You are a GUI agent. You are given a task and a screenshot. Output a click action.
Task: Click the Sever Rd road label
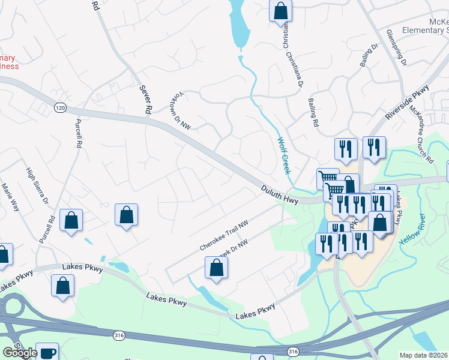(x=143, y=100)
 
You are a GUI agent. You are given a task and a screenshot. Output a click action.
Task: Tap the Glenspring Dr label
(x=397, y=47)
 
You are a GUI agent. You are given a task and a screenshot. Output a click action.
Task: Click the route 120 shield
(x=59, y=107)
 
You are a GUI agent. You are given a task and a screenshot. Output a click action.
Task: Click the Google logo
(x=20, y=353)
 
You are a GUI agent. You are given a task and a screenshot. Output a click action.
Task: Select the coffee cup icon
(x=46, y=353)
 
